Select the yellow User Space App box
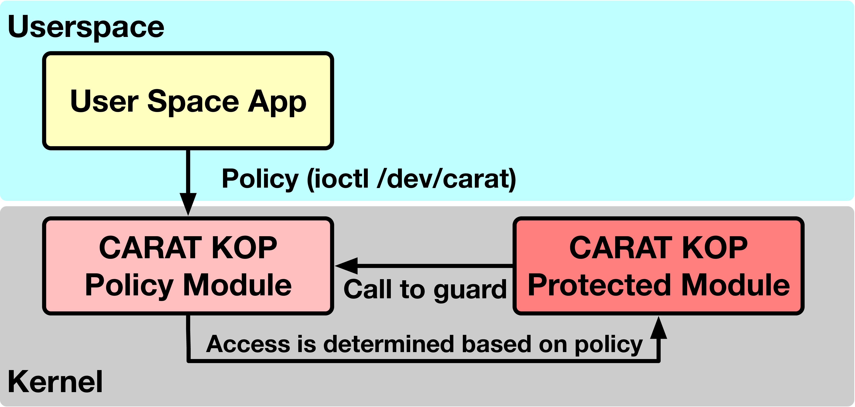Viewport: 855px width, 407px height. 188,101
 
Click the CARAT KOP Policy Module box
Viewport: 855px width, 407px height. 188,266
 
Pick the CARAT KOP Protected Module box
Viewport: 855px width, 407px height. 659,266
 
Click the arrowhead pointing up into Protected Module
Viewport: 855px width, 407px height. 659,327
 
